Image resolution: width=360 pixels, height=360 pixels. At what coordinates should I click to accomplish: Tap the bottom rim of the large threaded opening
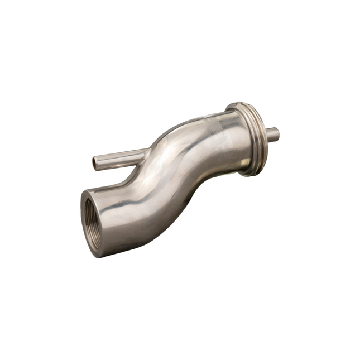101,254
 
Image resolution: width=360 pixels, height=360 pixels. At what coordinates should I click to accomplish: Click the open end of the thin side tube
95,163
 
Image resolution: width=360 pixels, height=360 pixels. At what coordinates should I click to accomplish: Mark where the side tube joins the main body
143,154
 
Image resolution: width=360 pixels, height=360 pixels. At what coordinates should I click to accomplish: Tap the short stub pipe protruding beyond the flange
271,134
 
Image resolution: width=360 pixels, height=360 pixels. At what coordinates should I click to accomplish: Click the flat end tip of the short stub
276,134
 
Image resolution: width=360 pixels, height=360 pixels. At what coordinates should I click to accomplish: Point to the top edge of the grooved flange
241,104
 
